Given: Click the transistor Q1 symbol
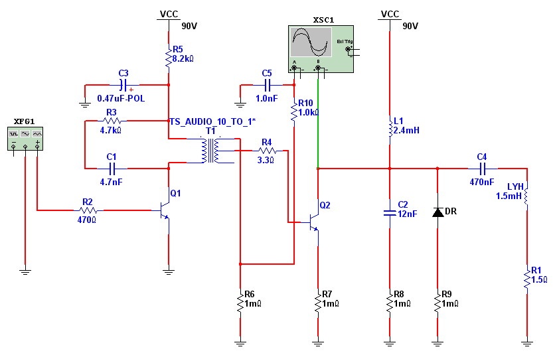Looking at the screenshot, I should coord(165,210).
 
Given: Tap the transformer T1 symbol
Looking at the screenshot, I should coord(211,151).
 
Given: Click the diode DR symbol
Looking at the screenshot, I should coord(438,212).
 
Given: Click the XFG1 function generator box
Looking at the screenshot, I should coord(25,139).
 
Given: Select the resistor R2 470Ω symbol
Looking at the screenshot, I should coord(87,210).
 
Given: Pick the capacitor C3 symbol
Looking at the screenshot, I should coord(123,85).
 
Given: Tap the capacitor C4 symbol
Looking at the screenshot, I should coord(481,169).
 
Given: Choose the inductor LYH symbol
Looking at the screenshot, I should coord(526,196).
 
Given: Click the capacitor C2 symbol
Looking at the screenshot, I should coord(390,213).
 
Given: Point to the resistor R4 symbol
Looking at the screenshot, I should coord(266,151).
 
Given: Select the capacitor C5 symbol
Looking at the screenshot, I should coord(268,85).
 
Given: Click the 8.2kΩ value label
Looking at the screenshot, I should coord(183,58).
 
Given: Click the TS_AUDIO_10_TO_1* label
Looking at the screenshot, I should coord(212,121).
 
